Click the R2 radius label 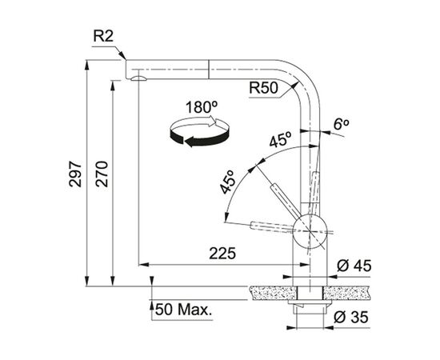[x=103, y=36]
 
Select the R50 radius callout [x=263, y=88]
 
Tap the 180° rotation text [x=202, y=107]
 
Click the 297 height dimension [x=75, y=174]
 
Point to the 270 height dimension [x=102, y=174]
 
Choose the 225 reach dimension [x=222, y=254]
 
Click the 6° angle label [x=341, y=124]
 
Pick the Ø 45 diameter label [x=354, y=266]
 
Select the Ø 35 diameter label [x=351, y=317]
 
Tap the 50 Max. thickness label [x=183, y=310]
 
